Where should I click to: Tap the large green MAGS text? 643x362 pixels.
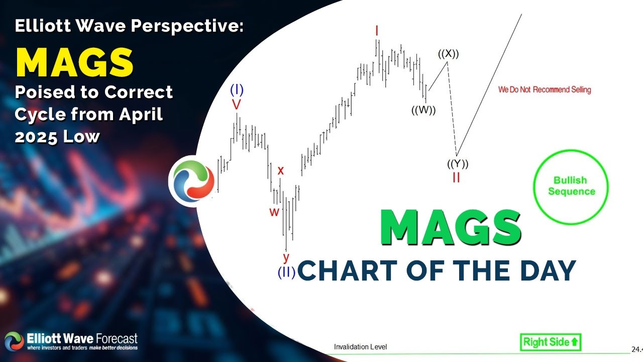click(x=450, y=228)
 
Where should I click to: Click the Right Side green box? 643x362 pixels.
click(x=551, y=342)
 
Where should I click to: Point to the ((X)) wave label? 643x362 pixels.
click(x=448, y=54)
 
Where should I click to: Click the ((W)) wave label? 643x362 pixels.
click(x=423, y=111)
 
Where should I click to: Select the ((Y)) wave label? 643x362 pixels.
click(x=458, y=164)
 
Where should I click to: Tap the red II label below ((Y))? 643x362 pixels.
click(x=456, y=177)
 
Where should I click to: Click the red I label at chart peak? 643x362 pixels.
click(x=376, y=31)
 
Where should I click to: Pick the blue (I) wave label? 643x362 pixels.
click(x=237, y=90)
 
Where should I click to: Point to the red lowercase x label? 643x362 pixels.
click(x=281, y=170)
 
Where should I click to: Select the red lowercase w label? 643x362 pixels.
click(x=274, y=212)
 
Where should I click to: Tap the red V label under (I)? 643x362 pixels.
click(x=236, y=104)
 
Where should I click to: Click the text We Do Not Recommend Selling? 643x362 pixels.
click(x=545, y=90)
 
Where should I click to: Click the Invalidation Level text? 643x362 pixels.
click(x=360, y=347)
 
